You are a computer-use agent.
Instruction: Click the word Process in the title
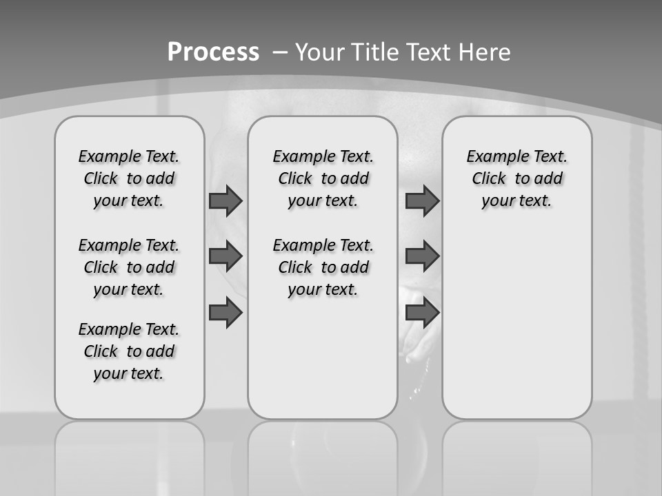213,52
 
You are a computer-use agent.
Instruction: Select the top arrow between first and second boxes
225,201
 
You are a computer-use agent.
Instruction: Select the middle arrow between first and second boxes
225,256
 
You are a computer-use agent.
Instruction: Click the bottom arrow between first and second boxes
225,313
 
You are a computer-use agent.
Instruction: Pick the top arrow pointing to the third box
422,201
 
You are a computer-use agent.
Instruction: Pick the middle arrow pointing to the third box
422,256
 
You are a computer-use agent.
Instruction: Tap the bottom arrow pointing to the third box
422,313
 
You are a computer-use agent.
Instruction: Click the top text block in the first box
129,178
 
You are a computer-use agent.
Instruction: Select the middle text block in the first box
129,267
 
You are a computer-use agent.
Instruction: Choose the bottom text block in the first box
129,351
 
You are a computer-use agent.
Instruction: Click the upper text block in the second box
323,178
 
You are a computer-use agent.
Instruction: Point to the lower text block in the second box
323,267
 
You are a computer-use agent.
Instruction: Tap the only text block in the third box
516,178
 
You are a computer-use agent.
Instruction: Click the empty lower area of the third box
516,324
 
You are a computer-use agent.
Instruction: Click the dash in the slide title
281,52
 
